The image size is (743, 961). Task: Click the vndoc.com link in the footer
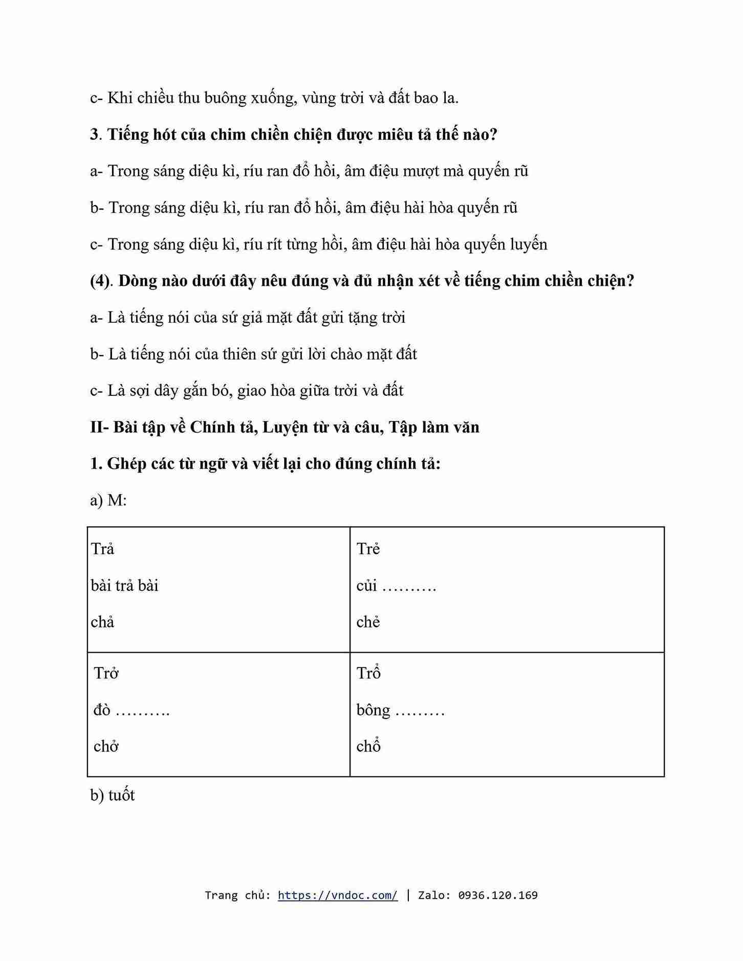coord(337,895)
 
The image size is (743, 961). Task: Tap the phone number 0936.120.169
coord(497,895)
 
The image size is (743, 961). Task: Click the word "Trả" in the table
coord(102,549)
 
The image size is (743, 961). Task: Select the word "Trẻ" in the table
coord(368,549)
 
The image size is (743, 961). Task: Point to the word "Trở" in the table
coord(106,673)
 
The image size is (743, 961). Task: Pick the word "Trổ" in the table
coord(368,673)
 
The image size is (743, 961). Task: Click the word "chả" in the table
coord(102,622)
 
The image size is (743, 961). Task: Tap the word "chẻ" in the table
coord(368,622)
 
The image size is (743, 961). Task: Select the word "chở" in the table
coord(106,746)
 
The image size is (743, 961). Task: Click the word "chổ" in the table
coord(368,746)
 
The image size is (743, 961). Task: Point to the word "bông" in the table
coord(373,710)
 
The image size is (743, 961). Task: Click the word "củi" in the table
coord(366,586)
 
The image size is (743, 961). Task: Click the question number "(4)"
coord(100,281)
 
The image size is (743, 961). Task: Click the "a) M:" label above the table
coord(108,500)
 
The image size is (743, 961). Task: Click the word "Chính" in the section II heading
coord(212,427)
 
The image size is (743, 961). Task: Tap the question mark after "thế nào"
coord(493,135)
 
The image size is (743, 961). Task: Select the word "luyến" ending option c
coord(529,244)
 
